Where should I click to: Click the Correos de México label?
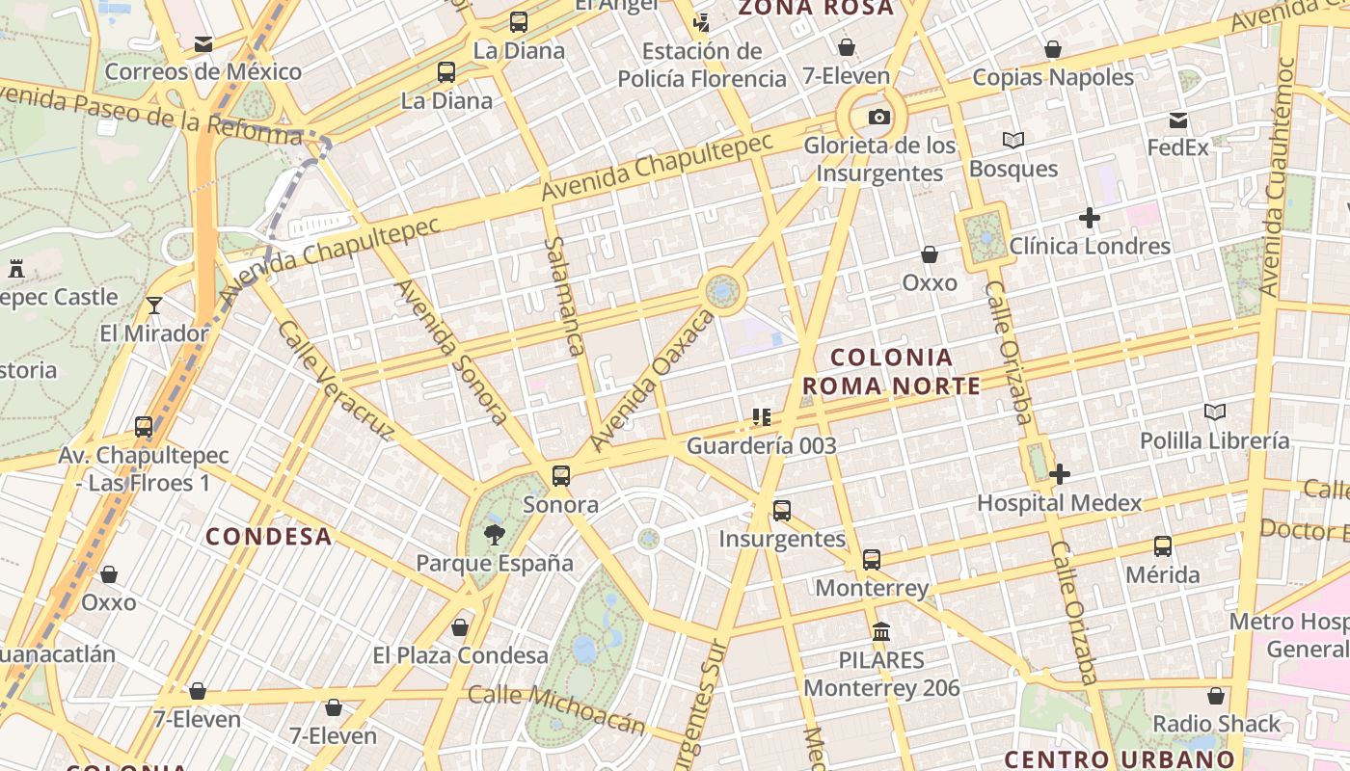[202, 71]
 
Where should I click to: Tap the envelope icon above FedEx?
[1178, 120]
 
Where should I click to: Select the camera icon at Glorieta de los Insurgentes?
[878, 118]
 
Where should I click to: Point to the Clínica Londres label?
[1090, 246]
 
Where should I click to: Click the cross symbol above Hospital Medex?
[1059, 474]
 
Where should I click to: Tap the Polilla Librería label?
[1214, 440]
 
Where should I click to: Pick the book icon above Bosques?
[1012, 141]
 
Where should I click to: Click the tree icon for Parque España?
[495, 535]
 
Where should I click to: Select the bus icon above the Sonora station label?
[560, 475]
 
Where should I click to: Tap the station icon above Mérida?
[1163, 546]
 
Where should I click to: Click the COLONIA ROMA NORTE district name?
[891, 372]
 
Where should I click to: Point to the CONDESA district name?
[269, 537]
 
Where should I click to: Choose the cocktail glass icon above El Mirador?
[154, 306]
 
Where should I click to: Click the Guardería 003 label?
[761, 446]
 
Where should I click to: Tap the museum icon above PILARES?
[880, 632]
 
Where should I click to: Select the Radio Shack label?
[1217, 723]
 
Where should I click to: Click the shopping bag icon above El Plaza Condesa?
[460, 627]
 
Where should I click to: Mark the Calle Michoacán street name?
[556, 708]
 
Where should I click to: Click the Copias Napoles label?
[1053, 77]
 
